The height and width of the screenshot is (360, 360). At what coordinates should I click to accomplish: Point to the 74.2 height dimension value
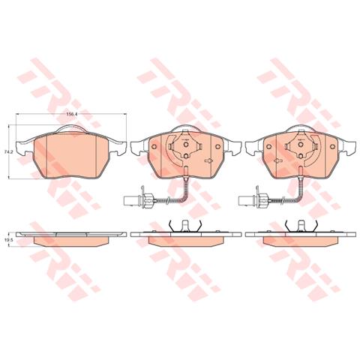click(8, 152)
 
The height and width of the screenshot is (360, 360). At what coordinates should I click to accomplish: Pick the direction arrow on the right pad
click(275, 160)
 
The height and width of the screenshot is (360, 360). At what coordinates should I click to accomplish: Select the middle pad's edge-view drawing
click(184, 238)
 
